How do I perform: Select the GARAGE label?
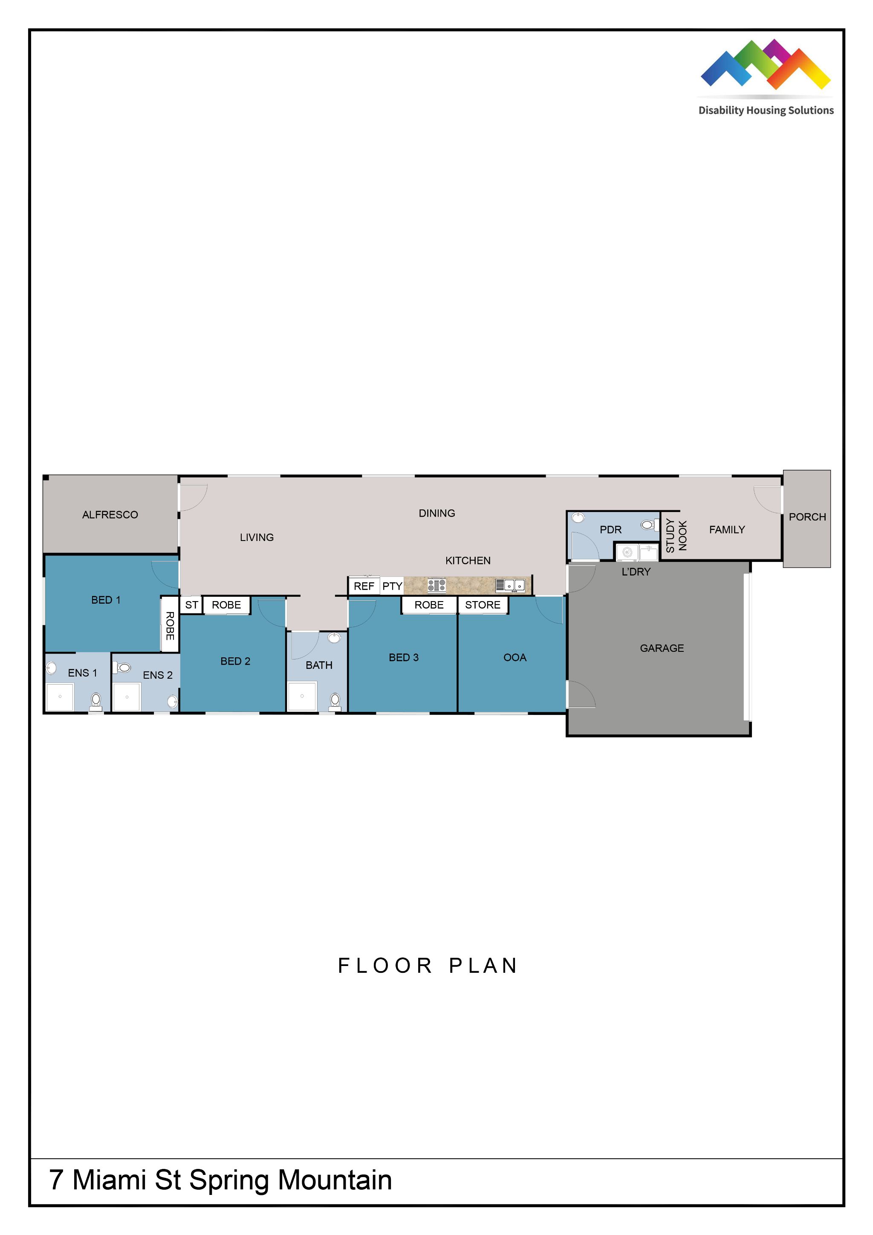coord(662,648)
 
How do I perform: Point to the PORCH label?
coord(807,517)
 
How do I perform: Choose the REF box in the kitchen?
coord(364,586)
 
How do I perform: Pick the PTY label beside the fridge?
coord(392,586)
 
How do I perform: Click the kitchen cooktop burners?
coord(436,585)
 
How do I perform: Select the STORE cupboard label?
coord(483,604)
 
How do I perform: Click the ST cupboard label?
coord(191,604)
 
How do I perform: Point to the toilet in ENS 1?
coord(96,701)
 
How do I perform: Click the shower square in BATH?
coord(302,696)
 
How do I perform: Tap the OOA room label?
coord(515,657)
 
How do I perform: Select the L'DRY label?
coord(636,572)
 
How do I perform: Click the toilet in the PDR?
coord(649,524)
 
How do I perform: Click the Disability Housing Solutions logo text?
coord(766,110)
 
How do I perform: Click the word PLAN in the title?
coord(483,966)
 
